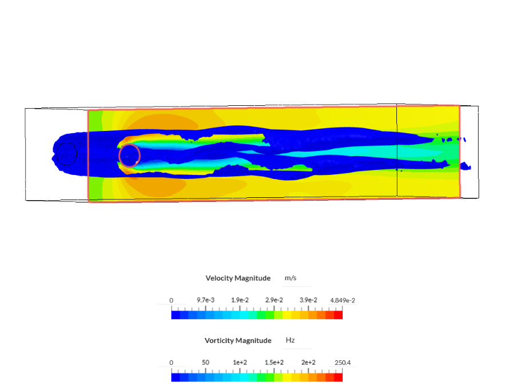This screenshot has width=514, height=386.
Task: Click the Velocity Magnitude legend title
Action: point(238,278)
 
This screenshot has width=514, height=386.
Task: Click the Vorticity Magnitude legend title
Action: point(238,341)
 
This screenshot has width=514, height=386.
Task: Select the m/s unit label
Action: point(291,278)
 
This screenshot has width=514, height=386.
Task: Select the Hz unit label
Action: point(290,340)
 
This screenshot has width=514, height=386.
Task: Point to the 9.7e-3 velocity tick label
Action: point(206,300)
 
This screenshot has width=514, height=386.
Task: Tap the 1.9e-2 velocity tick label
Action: point(240,300)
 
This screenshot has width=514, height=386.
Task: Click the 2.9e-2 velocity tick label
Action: point(274,300)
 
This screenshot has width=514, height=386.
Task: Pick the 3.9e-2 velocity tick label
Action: point(308,300)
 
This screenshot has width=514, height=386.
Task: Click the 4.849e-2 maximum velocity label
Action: point(343,300)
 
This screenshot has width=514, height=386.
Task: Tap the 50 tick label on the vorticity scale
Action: point(206,363)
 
